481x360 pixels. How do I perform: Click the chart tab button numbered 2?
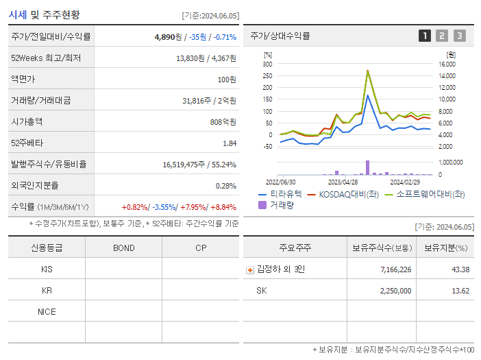[x=442, y=36]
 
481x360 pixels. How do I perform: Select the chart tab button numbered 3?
[x=459, y=36]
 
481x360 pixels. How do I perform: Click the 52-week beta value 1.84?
[x=230, y=143]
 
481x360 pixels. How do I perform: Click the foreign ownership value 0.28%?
[x=226, y=185]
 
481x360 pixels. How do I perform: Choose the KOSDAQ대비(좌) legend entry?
[x=344, y=194]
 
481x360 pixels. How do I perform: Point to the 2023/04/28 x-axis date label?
[x=343, y=182]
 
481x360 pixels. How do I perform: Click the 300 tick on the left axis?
[x=267, y=64]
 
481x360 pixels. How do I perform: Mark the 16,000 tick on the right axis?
[x=447, y=64]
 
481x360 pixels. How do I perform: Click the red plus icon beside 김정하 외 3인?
[x=249, y=270]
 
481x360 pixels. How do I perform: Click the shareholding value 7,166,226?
[x=395, y=269]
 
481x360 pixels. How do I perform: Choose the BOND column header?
[x=123, y=248]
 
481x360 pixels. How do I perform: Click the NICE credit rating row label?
[x=47, y=311]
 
